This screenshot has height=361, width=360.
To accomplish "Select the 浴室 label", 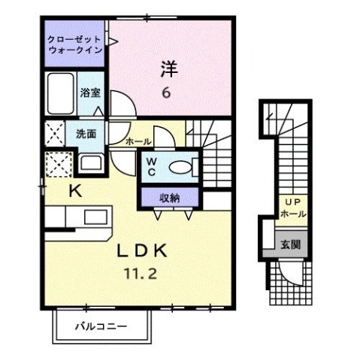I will (92, 94).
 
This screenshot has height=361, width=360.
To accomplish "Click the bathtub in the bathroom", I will (60, 93).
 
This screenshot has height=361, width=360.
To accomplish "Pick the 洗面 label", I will (85, 135).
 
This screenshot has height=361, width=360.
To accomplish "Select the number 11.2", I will (139, 275).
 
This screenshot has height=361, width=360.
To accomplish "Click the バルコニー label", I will (100, 326).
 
